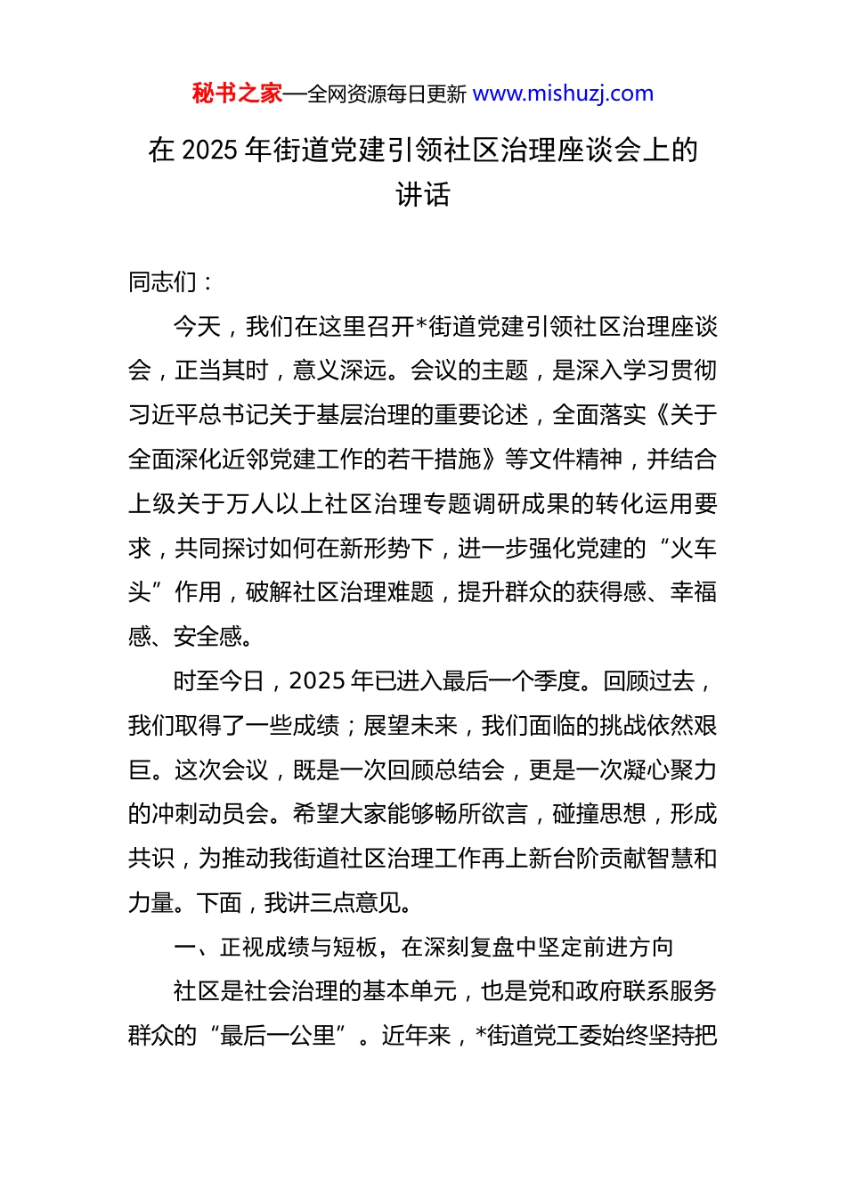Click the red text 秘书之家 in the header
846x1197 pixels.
pos(237,94)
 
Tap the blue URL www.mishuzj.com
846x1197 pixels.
pos(563,94)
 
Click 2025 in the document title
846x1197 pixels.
pos(209,151)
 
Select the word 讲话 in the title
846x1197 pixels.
pos(423,194)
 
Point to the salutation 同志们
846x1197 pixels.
pos(163,282)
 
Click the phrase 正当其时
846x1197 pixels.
pos(223,370)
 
